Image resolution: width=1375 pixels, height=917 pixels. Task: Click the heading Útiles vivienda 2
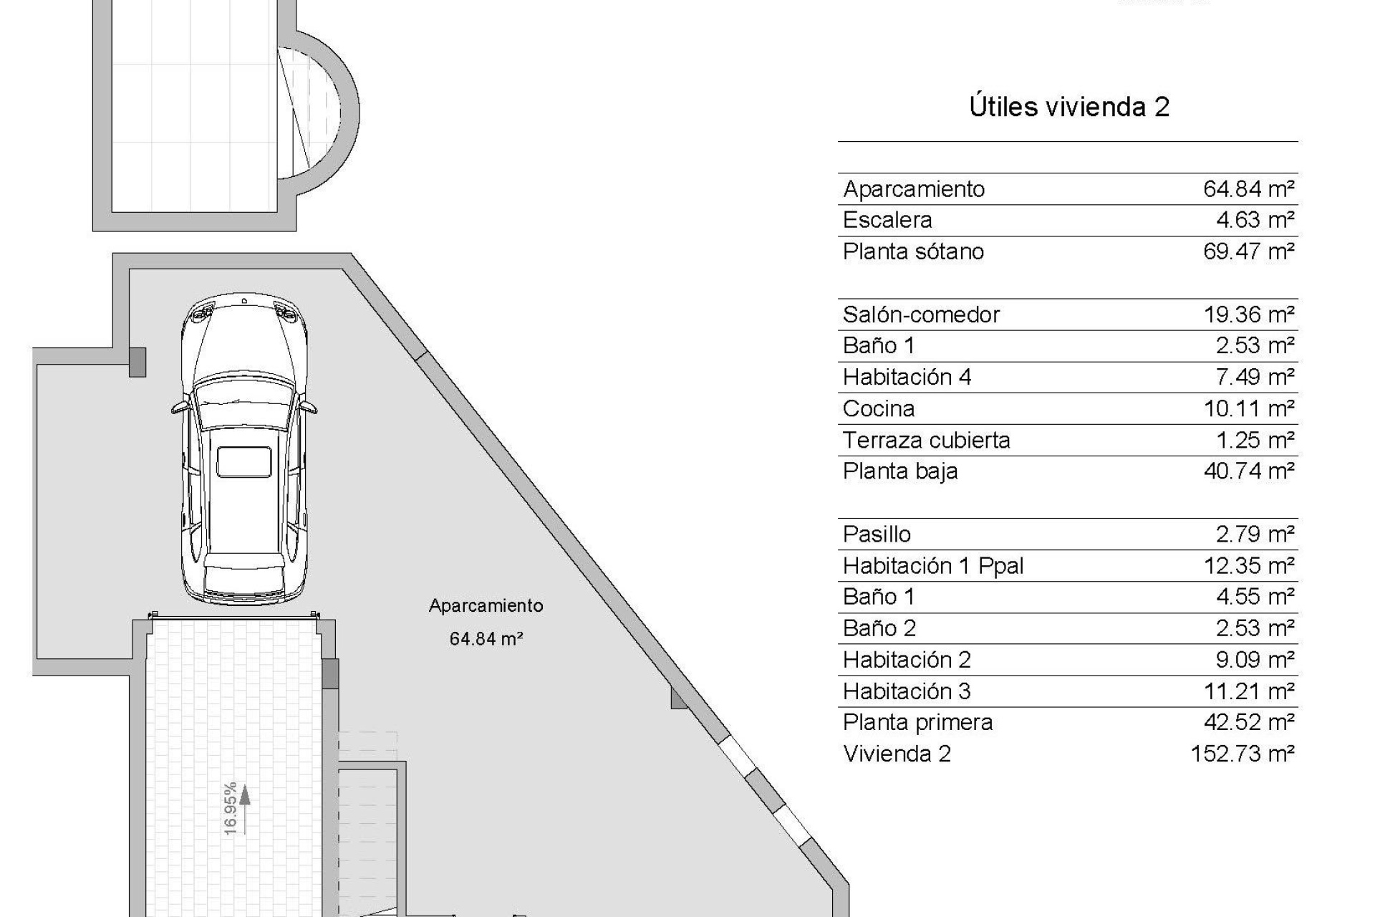[x=1068, y=107]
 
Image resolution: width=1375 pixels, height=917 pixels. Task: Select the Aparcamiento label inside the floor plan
[x=486, y=606]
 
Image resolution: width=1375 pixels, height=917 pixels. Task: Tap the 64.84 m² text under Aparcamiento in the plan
[x=486, y=638]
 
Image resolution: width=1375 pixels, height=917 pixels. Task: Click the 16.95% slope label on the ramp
[x=230, y=808]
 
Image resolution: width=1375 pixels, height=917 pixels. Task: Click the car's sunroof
[x=244, y=461]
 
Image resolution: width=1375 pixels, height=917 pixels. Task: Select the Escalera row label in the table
[x=887, y=220]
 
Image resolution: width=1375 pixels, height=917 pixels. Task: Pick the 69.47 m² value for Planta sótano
[x=1248, y=251]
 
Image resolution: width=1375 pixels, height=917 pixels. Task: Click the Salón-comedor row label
[x=921, y=315]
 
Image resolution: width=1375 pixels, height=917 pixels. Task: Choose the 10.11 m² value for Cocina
[x=1248, y=408]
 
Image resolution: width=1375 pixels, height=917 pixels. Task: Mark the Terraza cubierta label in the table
[x=926, y=440]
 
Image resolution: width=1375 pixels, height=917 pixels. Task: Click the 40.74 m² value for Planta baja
[x=1248, y=471]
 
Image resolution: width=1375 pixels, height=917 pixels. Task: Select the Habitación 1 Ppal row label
[x=933, y=566]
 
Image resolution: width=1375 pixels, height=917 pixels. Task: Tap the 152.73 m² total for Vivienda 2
[x=1242, y=754]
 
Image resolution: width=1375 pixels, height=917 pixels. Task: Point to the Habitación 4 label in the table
[x=907, y=377]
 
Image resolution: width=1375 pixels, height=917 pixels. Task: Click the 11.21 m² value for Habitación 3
[x=1248, y=691]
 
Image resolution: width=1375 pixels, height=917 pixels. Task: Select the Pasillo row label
[x=877, y=534]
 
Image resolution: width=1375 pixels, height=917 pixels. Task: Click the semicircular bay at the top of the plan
[x=322, y=112]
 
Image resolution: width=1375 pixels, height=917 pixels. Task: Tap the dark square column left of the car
[x=137, y=362]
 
